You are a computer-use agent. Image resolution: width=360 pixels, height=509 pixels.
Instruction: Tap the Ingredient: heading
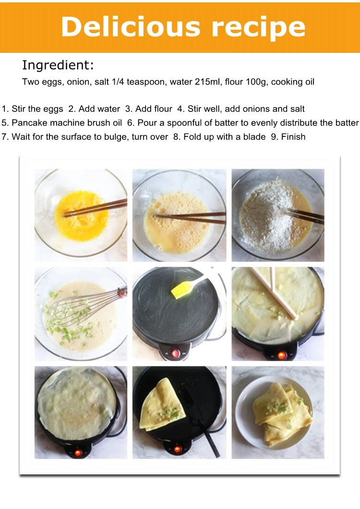[58, 65]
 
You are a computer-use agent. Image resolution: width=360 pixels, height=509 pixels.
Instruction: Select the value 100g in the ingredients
[255, 82]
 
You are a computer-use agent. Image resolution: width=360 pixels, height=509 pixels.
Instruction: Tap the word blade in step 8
[254, 137]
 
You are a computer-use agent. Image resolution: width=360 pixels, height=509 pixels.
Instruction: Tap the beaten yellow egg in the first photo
[82, 216]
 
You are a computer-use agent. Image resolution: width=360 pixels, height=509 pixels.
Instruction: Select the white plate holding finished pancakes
[274, 412]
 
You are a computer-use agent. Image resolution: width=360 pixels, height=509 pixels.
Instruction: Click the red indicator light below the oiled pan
[175, 353]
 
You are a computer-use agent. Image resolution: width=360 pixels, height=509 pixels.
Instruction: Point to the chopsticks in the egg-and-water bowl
[190, 218]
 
